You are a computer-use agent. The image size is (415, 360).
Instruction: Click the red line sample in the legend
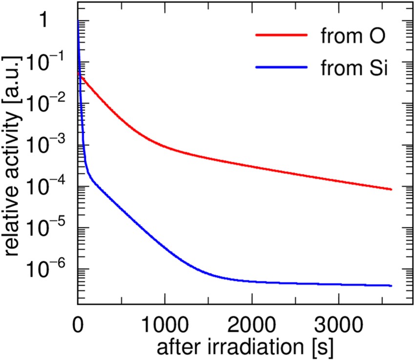click(282, 36)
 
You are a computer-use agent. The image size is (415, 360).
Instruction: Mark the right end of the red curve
click(391, 189)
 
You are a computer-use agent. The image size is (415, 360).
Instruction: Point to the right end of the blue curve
click(391, 285)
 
